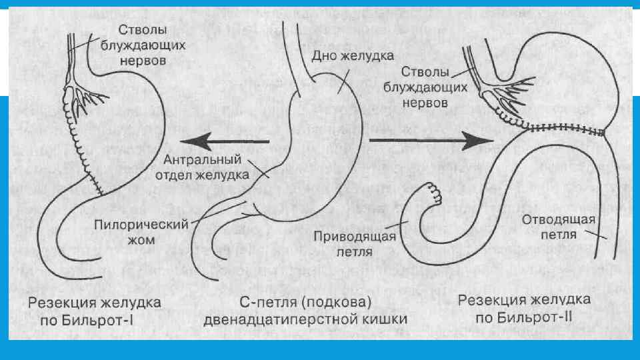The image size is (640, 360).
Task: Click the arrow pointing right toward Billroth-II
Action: pos(429,140)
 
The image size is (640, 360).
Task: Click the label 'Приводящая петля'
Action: pos(355,243)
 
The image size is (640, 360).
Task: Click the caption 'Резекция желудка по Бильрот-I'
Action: pos(94,310)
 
